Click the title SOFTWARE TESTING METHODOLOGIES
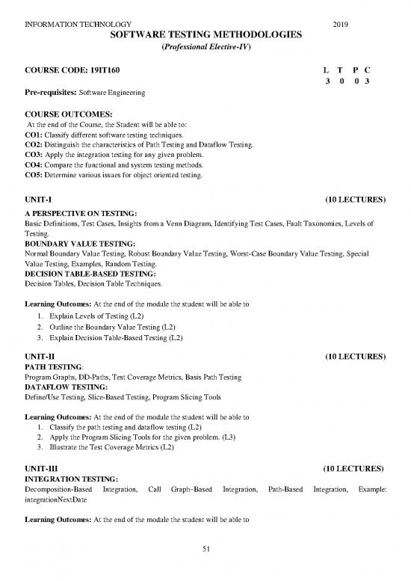pos(205,34)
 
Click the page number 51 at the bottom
pos(205,551)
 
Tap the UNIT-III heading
pos(43,468)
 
